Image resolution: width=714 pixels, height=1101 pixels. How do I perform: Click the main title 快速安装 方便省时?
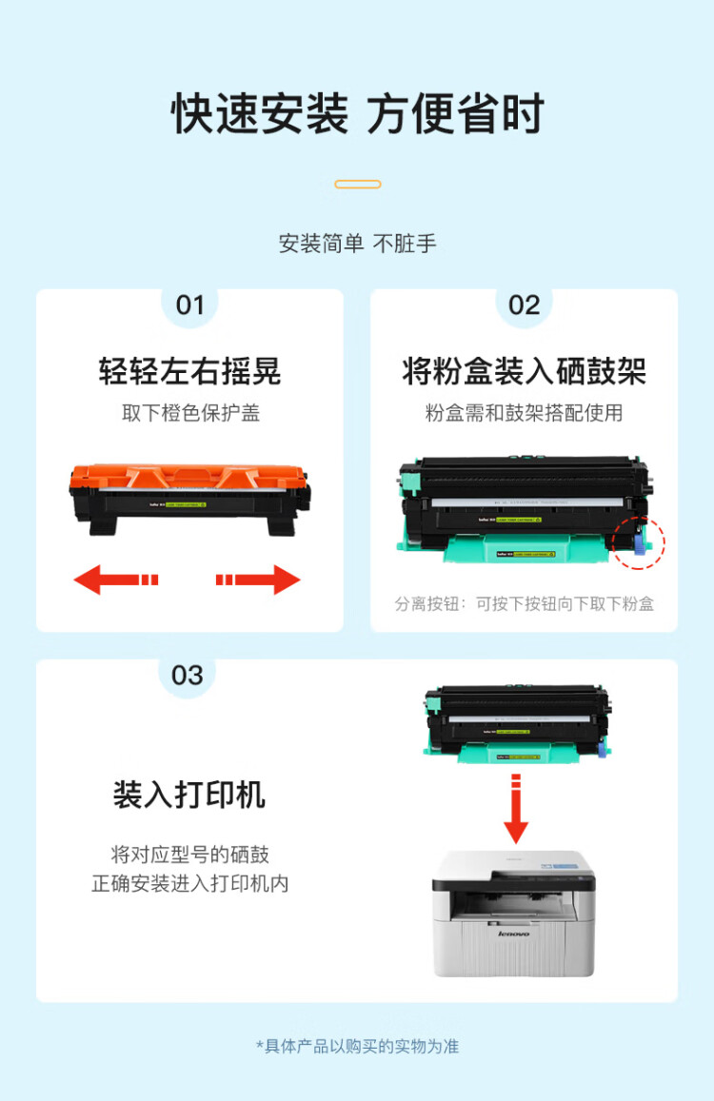[357, 114]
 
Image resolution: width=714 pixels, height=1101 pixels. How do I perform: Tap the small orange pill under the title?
[358, 184]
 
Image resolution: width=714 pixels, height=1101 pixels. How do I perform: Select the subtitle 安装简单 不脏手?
[357, 244]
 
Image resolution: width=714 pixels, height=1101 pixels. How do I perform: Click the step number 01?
[189, 305]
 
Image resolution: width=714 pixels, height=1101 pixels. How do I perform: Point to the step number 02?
[524, 305]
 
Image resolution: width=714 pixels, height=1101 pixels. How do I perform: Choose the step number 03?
[187, 675]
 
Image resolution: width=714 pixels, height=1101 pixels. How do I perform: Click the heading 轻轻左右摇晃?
[189, 371]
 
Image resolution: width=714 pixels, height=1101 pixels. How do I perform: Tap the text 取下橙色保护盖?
[189, 413]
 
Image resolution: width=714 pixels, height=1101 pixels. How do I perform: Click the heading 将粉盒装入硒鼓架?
[524, 371]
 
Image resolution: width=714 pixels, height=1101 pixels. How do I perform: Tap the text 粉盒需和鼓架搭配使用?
[524, 413]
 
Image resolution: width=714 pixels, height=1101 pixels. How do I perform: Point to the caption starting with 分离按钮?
[524, 603]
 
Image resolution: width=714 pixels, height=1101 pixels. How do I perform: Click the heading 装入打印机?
[189, 795]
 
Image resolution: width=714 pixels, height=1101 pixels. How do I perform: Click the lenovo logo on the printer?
[514, 934]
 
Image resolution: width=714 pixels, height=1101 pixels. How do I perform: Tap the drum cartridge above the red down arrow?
[516, 723]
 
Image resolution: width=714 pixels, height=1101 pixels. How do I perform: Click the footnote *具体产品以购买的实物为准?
[357, 1046]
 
